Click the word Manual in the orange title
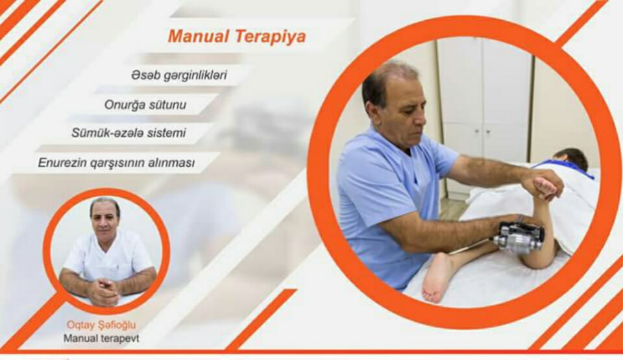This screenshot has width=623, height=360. (x=199, y=36)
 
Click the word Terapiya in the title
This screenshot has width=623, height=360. (x=271, y=37)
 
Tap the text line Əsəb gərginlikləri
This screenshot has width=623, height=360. (x=179, y=75)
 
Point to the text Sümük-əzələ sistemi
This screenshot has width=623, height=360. (x=128, y=133)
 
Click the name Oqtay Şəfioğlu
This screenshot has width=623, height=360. (x=101, y=325)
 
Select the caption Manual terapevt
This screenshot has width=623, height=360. (x=101, y=339)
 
